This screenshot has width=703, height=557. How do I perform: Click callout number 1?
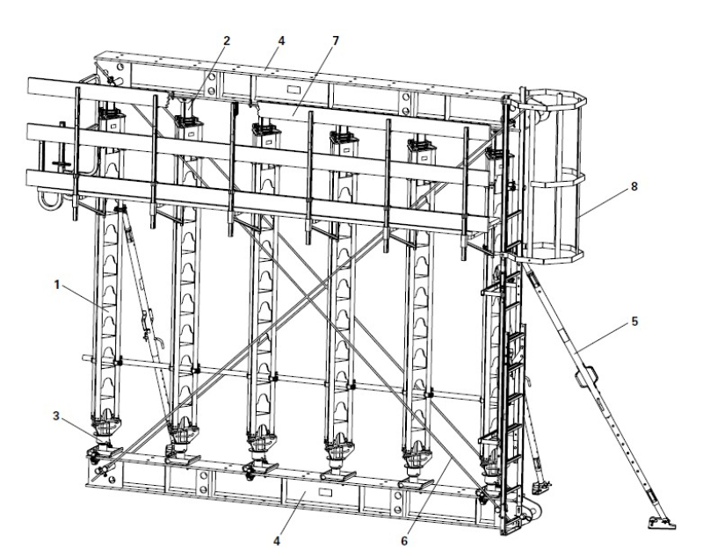tap(57, 285)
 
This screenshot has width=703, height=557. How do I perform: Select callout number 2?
tap(227, 40)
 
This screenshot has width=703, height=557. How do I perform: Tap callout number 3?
tap(55, 416)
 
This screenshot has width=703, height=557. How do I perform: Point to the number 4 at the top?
tap(281, 40)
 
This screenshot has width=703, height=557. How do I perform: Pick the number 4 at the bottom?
tap(277, 541)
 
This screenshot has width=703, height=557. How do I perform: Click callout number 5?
tap(634, 322)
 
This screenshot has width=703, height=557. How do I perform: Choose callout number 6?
tap(404, 541)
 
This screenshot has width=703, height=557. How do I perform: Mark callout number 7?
tap(336, 40)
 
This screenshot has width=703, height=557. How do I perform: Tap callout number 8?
tap(634, 186)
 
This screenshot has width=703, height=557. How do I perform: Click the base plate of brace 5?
tap(662, 523)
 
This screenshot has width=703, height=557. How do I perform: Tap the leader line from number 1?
tap(84, 299)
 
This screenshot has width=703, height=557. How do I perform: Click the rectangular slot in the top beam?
tap(294, 90)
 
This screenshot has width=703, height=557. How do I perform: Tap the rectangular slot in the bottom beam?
tap(325, 492)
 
